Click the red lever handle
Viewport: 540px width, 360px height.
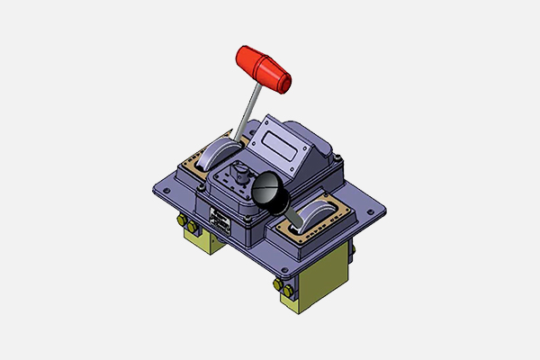(x=262, y=67)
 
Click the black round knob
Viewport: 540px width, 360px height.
(x=267, y=189)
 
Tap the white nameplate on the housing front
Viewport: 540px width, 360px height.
(x=219, y=220)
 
